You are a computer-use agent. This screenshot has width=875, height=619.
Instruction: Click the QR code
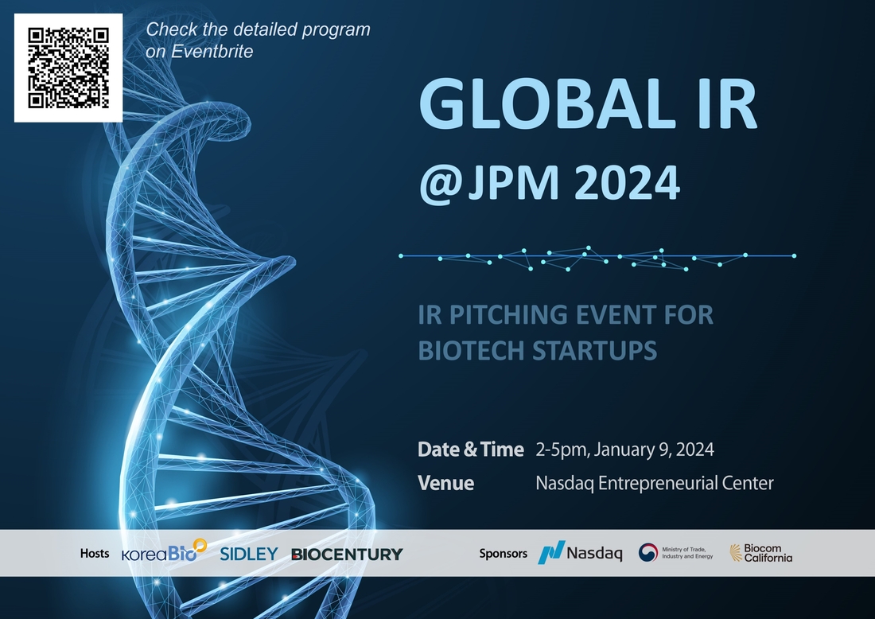click(68, 68)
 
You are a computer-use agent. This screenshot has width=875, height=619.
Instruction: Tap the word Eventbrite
click(212, 52)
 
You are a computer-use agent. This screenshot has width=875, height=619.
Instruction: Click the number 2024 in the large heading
click(627, 182)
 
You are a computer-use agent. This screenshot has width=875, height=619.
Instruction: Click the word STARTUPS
click(594, 351)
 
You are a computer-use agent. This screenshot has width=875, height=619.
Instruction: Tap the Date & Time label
click(470, 450)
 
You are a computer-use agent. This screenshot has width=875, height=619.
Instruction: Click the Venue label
click(446, 484)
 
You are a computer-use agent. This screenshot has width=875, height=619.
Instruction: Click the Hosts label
click(95, 553)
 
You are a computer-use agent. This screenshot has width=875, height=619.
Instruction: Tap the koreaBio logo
click(164, 551)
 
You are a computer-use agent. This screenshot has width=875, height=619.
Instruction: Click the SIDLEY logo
click(249, 554)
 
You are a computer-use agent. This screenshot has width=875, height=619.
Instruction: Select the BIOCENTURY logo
click(347, 555)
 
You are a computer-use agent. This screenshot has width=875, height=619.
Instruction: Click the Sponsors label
click(503, 553)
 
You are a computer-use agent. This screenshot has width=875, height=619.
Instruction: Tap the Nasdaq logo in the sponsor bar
click(580, 553)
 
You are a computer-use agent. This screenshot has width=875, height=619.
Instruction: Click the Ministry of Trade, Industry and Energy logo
click(676, 553)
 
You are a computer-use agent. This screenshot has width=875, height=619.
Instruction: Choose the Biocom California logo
click(760, 553)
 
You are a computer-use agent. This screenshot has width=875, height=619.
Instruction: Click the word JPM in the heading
click(513, 182)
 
